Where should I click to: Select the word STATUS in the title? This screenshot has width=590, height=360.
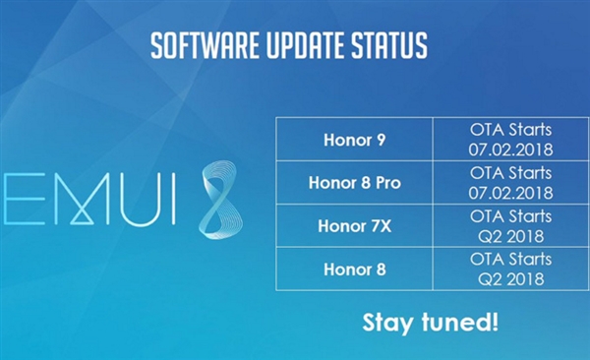[x=390, y=45]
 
